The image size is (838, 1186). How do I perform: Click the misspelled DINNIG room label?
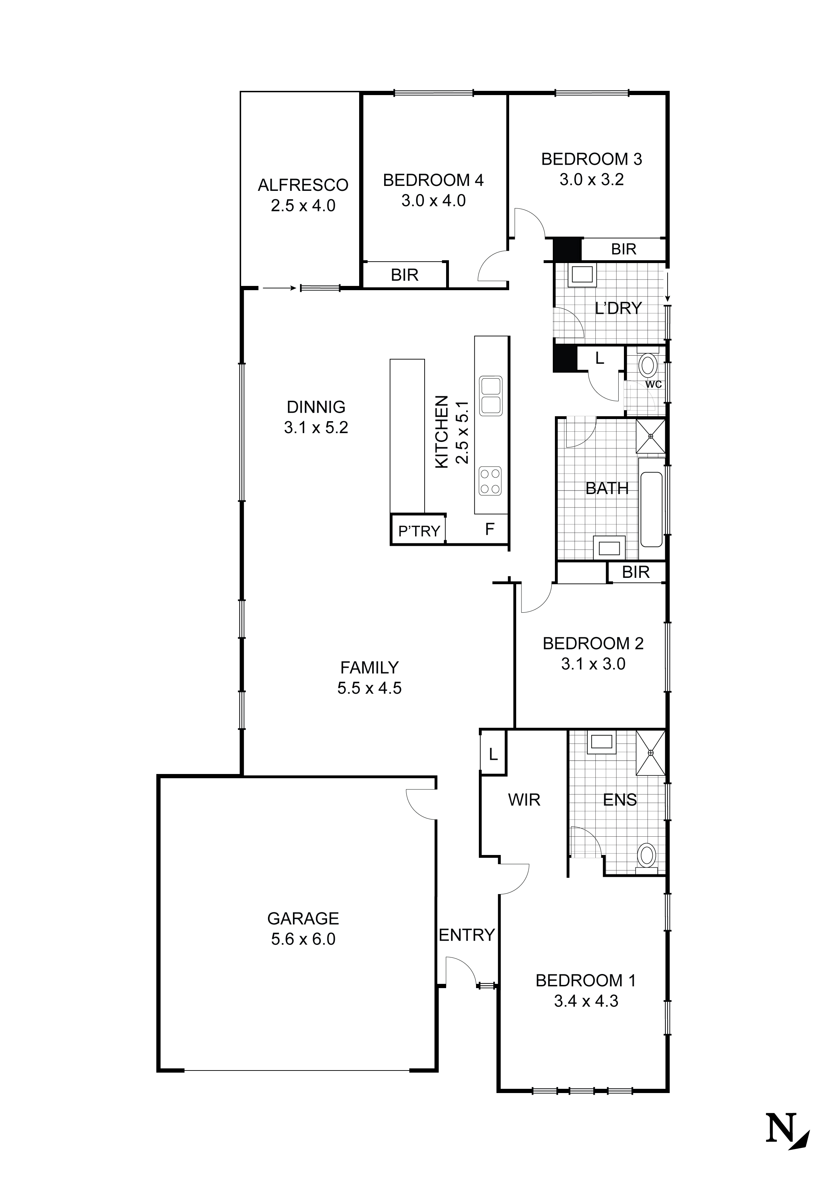316,407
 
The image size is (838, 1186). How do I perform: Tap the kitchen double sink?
490,396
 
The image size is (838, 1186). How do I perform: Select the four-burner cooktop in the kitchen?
490,481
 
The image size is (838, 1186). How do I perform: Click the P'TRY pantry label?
419,531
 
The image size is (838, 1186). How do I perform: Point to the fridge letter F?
489,529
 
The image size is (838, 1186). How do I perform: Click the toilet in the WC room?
648,366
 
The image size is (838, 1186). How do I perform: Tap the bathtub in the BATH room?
651,509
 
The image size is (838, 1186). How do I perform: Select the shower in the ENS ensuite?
650,753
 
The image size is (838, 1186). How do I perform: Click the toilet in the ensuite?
647,856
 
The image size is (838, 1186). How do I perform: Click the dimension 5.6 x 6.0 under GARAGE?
303,939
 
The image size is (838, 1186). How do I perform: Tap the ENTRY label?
467,935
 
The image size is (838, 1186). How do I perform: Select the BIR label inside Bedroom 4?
405,275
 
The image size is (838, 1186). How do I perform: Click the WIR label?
524,800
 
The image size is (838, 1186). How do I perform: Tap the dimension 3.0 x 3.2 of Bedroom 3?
592,180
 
